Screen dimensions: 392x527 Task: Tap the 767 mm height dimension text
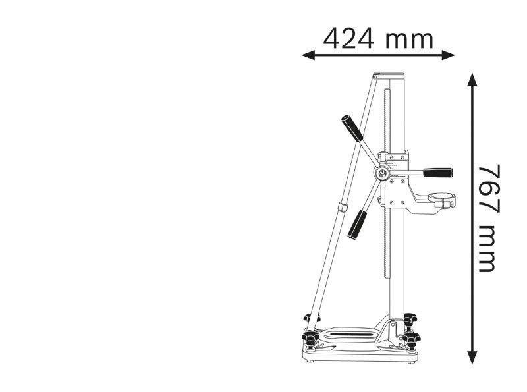(x=488, y=218)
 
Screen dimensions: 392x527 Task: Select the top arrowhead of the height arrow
(x=472, y=78)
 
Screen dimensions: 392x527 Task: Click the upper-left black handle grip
(x=352, y=128)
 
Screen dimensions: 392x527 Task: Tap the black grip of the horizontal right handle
(x=438, y=173)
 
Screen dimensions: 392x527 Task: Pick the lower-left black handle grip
(x=357, y=225)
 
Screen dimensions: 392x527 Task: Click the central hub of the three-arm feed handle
(x=381, y=173)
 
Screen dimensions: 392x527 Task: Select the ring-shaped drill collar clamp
(x=442, y=197)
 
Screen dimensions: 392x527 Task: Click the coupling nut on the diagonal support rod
(x=343, y=207)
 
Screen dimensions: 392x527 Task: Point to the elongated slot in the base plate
(x=348, y=335)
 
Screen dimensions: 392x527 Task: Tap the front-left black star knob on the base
(x=311, y=339)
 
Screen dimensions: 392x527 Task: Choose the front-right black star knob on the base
(x=412, y=340)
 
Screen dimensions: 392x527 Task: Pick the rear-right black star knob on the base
(x=410, y=320)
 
